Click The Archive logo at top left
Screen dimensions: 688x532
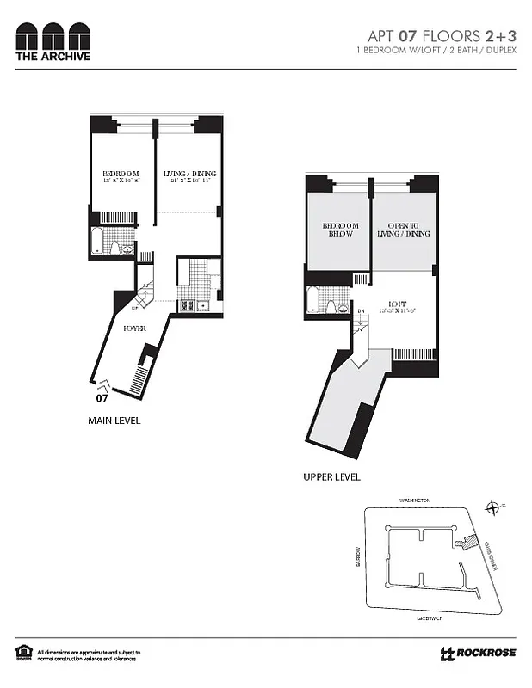pos(53,42)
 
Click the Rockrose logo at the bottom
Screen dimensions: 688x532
pos(478,653)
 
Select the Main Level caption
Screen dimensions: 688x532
pos(114,421)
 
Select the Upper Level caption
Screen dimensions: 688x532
pos(331,476)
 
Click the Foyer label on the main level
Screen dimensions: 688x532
pos(133,329)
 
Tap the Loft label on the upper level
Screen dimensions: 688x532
pos(397,304)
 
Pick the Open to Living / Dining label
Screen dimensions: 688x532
pos(403,230)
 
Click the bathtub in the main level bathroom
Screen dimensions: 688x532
pos(98,243)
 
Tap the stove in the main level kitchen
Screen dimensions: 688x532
pos(186,304)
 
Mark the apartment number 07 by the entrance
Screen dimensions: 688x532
pos(102,398)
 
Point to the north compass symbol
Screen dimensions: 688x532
pos(492,507)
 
